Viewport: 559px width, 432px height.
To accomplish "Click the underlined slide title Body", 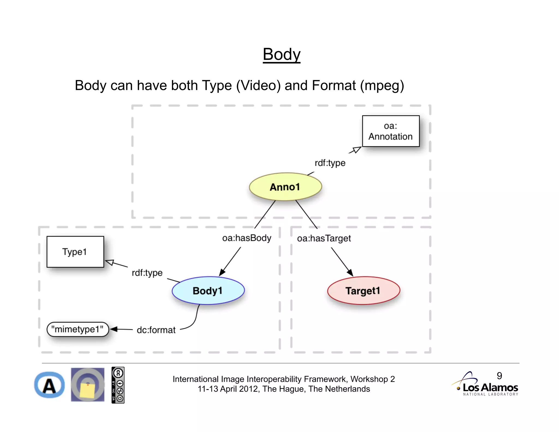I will (281, 55).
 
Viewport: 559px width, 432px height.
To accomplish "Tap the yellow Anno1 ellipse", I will (285, 187).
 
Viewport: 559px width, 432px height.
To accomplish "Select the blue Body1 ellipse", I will (208, 291).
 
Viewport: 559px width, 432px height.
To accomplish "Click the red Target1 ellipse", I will (363, 291).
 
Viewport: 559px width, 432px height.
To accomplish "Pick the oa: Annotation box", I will (391, 131).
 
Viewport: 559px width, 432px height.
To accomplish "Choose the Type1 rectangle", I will (75, 252).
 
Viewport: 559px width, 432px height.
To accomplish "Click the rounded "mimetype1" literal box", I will (78, 329).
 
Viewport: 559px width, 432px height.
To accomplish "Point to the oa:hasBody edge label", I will (246, 238).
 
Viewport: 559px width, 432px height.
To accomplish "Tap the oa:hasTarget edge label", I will (324, 238).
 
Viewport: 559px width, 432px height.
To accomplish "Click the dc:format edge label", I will (156, 330).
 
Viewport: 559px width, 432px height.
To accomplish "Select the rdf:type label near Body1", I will (147, 273).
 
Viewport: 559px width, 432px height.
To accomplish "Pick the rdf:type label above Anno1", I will (330, 163).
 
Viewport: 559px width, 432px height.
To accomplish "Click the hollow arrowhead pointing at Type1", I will (109, 262).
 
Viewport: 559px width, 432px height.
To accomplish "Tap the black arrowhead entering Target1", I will (350, 273).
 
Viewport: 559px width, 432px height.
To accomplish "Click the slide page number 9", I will (499, 376).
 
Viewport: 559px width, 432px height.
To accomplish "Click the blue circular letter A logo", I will (49, 385).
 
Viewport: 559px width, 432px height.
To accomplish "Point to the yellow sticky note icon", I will (87, 390).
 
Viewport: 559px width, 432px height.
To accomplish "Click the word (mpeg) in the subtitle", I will (382, 85).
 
